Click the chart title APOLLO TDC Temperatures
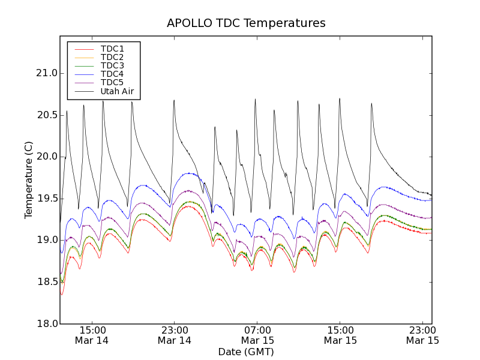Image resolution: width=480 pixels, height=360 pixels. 246,23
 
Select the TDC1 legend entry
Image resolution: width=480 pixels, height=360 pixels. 112,49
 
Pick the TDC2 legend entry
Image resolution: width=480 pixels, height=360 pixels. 112,57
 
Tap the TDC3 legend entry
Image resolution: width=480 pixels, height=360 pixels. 112,65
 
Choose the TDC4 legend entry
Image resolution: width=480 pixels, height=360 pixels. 112,74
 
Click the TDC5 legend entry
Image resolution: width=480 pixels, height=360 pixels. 112,82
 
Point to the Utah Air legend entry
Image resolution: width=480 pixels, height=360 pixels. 117,92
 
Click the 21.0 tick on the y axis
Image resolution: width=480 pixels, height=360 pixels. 46,73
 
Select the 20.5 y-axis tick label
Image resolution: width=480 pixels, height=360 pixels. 46,115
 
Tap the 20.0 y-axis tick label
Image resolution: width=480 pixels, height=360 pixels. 46,157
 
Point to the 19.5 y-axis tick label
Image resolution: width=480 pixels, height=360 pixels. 46,199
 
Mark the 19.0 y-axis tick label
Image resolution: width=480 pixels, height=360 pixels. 46,240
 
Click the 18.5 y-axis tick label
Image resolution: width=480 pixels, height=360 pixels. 46,282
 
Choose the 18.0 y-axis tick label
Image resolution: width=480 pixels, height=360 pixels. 46,323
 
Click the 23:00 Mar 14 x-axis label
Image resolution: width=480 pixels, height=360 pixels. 175,335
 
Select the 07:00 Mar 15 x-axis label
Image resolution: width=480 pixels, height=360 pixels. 257,335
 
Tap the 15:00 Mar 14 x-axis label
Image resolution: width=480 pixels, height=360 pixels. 92,335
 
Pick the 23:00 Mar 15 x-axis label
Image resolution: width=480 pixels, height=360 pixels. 422,335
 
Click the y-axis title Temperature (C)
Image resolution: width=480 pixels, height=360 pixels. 29,180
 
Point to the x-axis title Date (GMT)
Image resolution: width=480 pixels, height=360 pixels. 246,352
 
